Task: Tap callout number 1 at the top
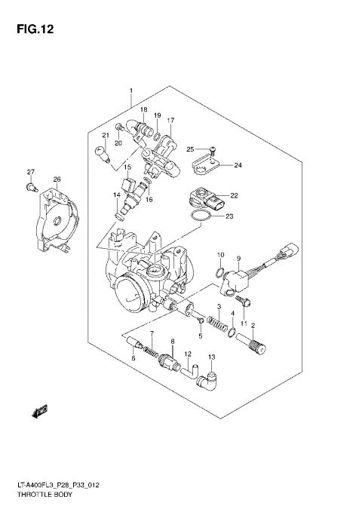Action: (x=130, y=92)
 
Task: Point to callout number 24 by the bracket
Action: (x=238, y=164)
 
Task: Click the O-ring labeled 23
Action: (x=198, y=217)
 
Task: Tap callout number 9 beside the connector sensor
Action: (x=238, y=258)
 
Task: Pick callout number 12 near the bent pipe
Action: (x=188, y=354)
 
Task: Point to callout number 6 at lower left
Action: (x=133, y=359)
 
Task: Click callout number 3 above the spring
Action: (x=219, y=306)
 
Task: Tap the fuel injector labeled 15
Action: (x=130, y=188)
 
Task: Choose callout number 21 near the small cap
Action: (x=106, y=136)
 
